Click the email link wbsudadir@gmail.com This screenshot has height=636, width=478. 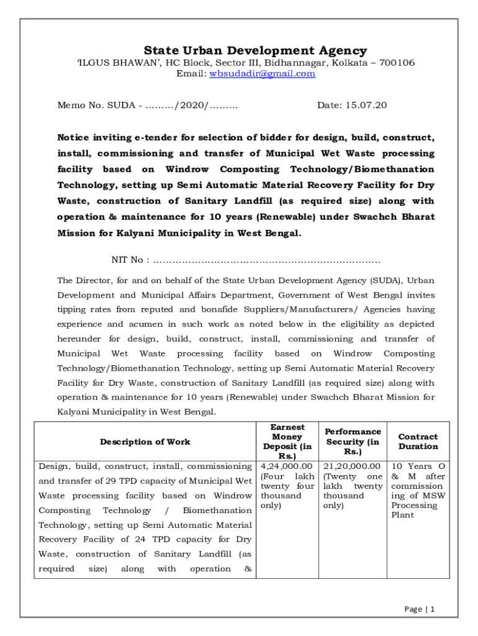pos(262,74)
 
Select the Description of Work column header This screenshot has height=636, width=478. pos(145,442)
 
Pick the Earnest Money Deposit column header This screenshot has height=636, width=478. pos(287,442)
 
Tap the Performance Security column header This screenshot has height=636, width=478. pos(353,442)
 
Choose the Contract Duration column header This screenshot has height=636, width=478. pos(418,442)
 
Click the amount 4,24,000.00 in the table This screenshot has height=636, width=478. pos(287,466)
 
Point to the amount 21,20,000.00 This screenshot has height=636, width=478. pos(352,466)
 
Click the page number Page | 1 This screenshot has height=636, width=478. pos(419,609)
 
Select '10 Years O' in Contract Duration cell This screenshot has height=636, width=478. pos(418,466)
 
